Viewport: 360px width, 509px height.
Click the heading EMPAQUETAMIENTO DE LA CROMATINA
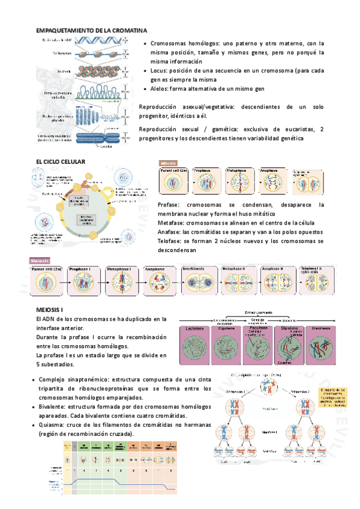91,30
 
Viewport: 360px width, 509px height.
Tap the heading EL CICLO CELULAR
61,161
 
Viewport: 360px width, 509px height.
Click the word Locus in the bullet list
160,70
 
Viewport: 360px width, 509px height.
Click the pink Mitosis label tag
169,163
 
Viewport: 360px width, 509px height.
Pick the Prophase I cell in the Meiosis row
87,280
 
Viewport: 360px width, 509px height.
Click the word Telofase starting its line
169,241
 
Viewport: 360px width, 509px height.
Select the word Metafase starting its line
170,223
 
